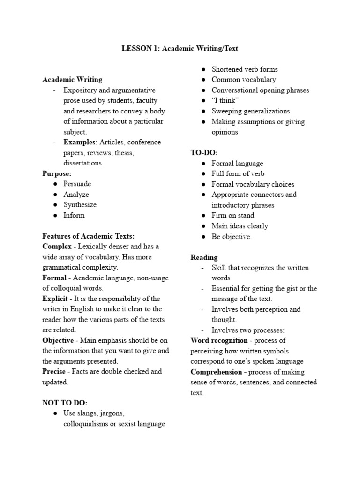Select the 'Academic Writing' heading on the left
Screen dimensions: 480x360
coord(72,80)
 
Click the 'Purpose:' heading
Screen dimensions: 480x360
coord(57,173)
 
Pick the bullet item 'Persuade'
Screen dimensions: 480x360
coord(77,184)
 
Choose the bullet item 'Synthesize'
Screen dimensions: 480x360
coord(80,205)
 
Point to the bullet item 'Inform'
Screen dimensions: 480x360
coord(74,216)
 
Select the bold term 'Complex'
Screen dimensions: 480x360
coord(57,247)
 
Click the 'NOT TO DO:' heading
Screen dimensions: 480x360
coord(65,403)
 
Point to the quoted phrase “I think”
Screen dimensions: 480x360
coord(225,101)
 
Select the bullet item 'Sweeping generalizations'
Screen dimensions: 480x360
coord(251,111)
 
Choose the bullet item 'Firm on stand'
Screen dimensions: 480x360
coord(233,216)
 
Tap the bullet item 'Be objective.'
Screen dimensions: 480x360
coord(232,237)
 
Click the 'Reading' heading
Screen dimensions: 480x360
coord(204,257)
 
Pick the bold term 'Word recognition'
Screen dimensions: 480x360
coord(219,340)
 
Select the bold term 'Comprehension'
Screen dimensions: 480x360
coord(216,372)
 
